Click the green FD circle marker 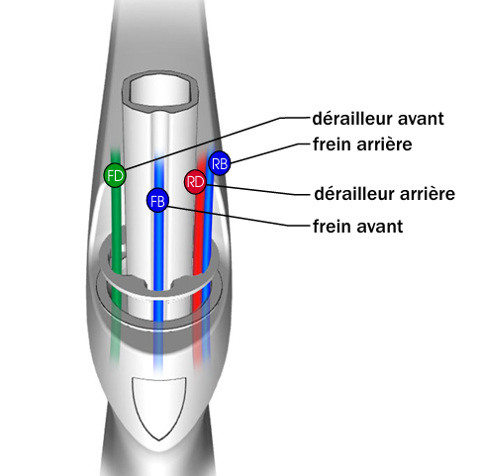click(x=115, y=175)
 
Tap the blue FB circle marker click(x=157, y=201)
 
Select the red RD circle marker click(x=195, y=182)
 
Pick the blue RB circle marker click(x=219, y=163)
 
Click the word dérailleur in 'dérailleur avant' click(x=352, y=118)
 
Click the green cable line click(x=116, y=257)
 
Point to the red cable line click(x=199, y=257)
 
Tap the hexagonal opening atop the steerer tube click(x=160, y=88)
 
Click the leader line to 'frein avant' click(x=240, y=218)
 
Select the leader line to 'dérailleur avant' click(x=219, y=143)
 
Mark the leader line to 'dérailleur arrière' click(x=258, y=190)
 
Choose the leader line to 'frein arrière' click(x=270, y=152)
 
